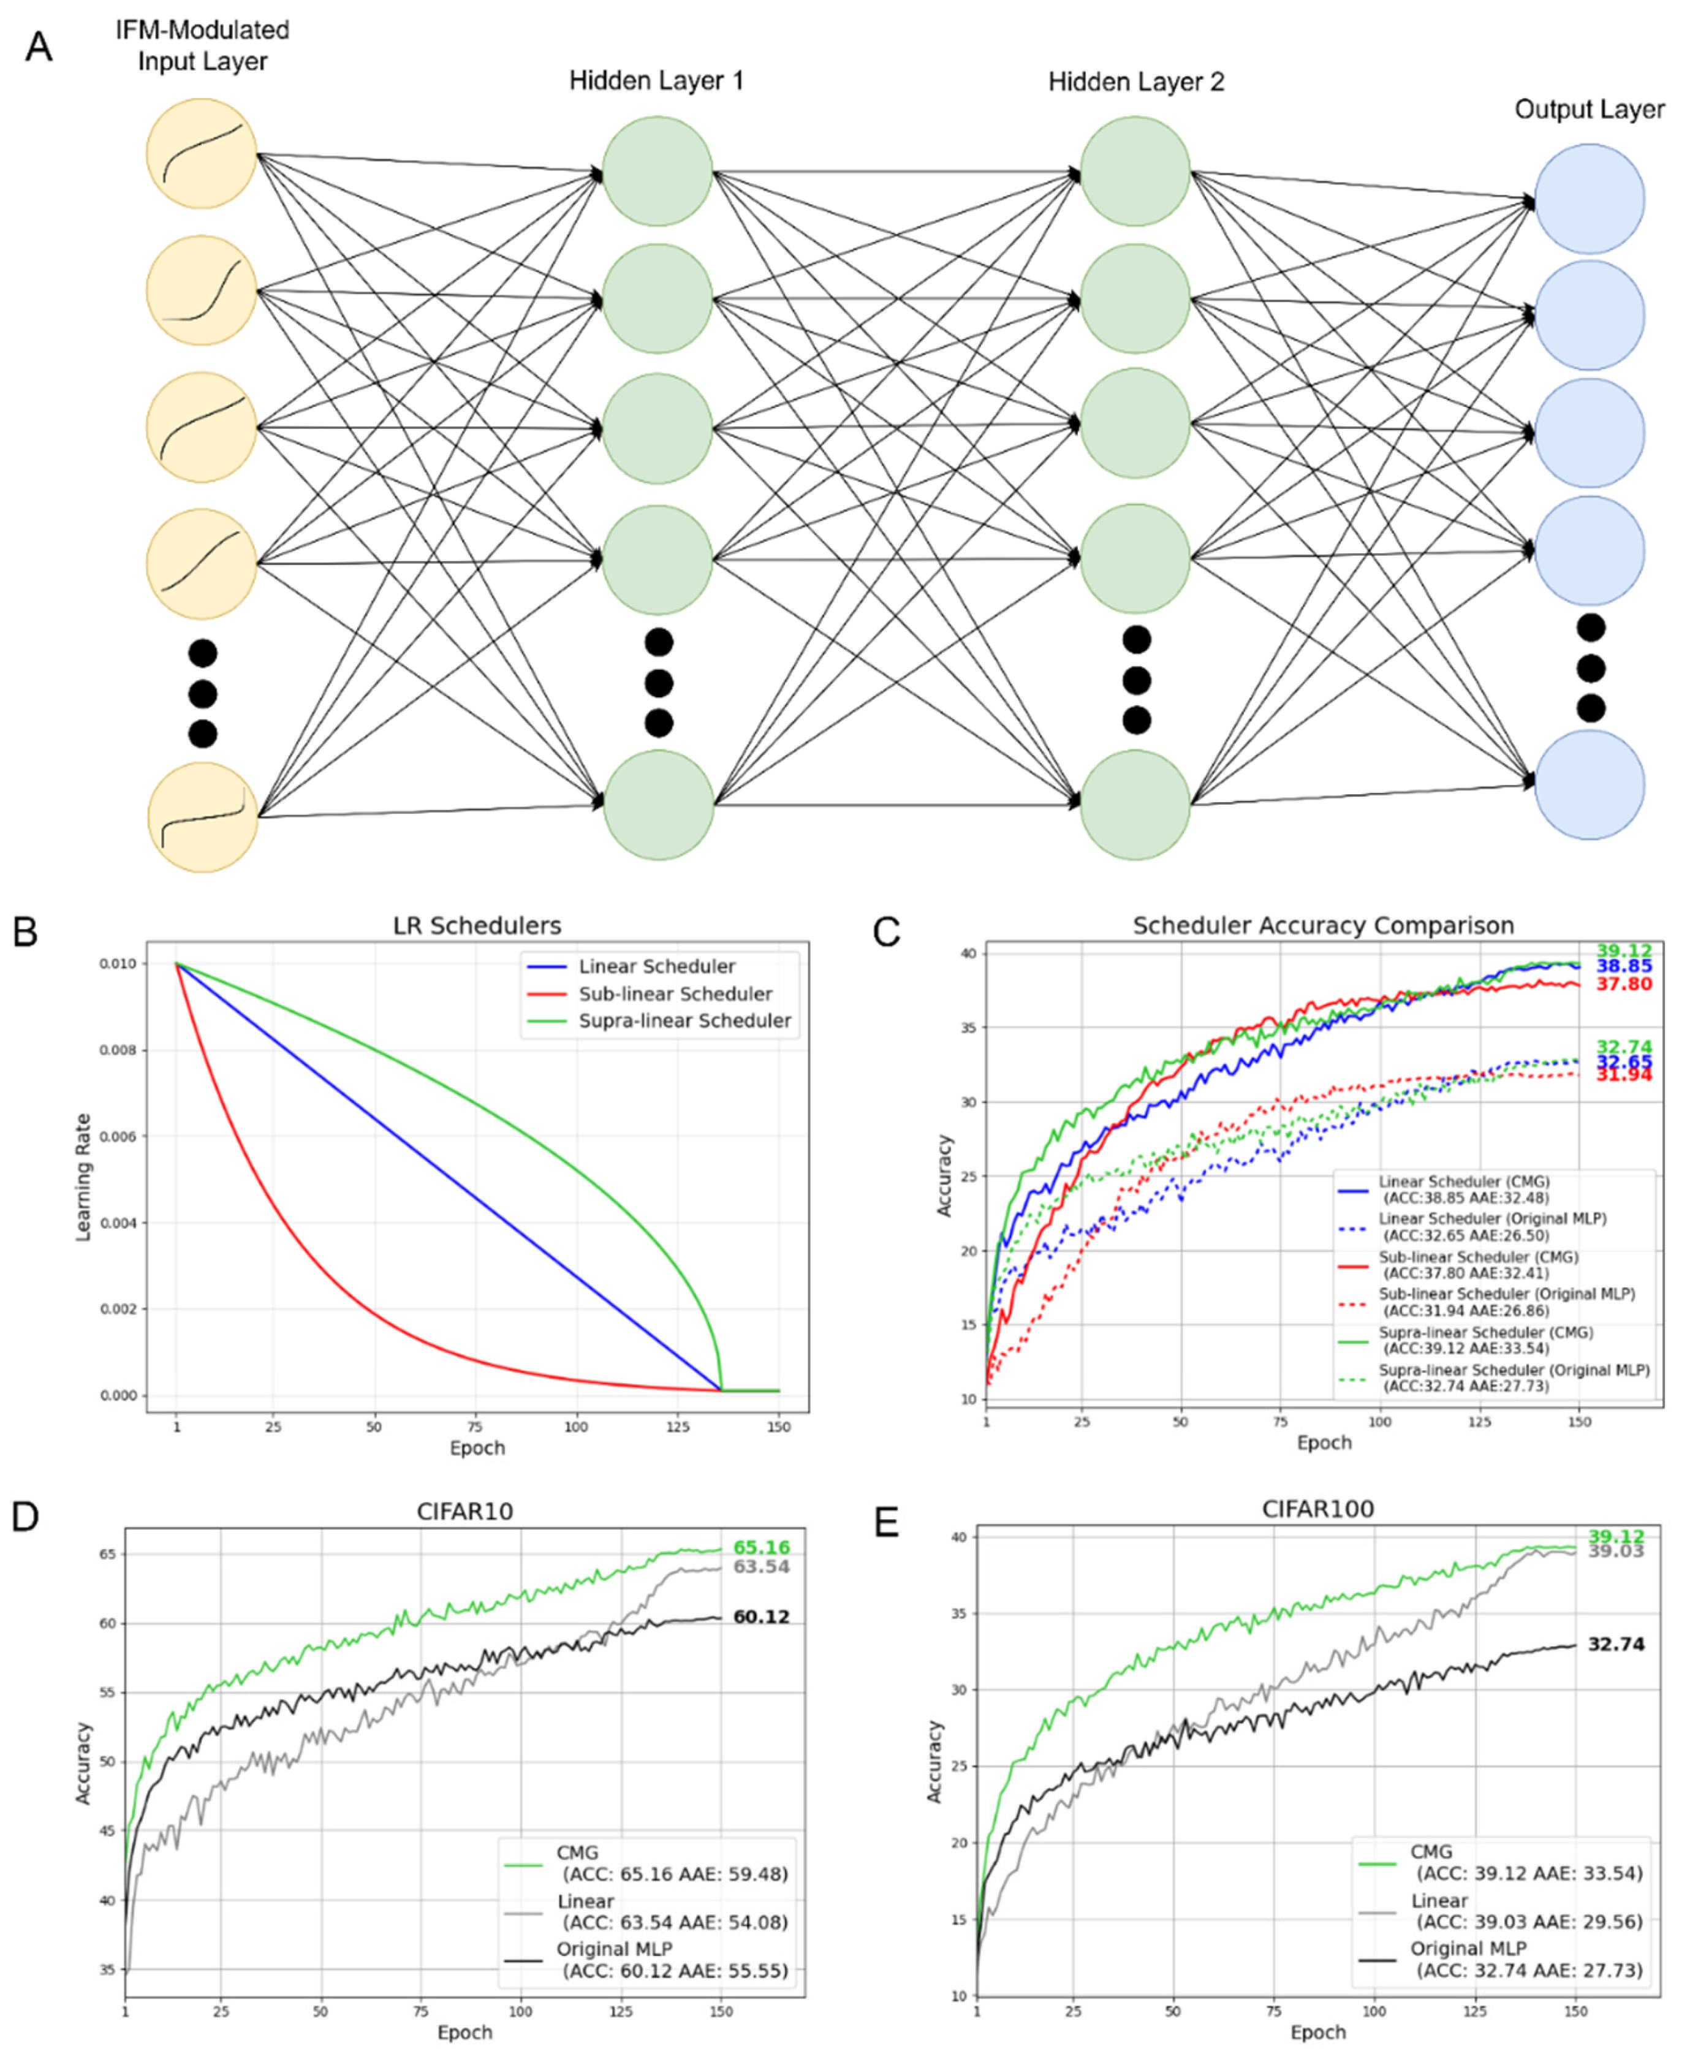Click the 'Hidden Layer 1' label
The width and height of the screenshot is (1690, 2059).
[x=656, y=81]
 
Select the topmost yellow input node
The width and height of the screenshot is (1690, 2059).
[x=202, y=153]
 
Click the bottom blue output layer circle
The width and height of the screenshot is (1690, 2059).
[x=1589, y=784]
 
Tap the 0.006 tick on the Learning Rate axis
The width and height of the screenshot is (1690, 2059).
[x=117, y=1136]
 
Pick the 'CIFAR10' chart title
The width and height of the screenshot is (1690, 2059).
[x=464, y=1511]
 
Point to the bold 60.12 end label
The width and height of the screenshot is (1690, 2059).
[x=761, y=1617]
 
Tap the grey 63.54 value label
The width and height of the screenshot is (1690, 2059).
[x=761, y=1566]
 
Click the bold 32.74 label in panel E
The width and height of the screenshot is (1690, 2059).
[x=1616, y=1644]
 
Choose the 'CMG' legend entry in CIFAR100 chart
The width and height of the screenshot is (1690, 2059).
[x=1431, y=1852]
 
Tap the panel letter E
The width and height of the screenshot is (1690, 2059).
[x=886, y=1523]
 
